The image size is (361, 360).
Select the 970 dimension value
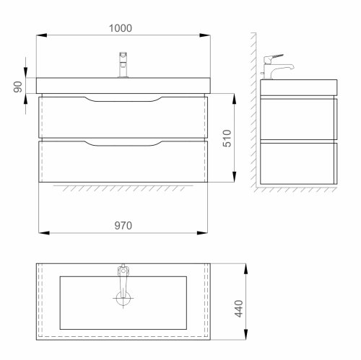tap(124, 224)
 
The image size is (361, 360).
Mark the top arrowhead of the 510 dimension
tap(235, 95)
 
